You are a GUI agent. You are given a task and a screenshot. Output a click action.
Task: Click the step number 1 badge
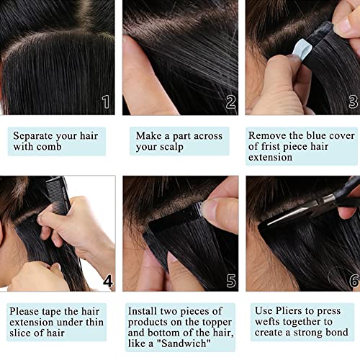click(x=105, y=102)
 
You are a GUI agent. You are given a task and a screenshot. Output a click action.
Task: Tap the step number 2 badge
click(x=230, y=102)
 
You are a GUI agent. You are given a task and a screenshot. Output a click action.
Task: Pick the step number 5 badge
click(x=230, y=279)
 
